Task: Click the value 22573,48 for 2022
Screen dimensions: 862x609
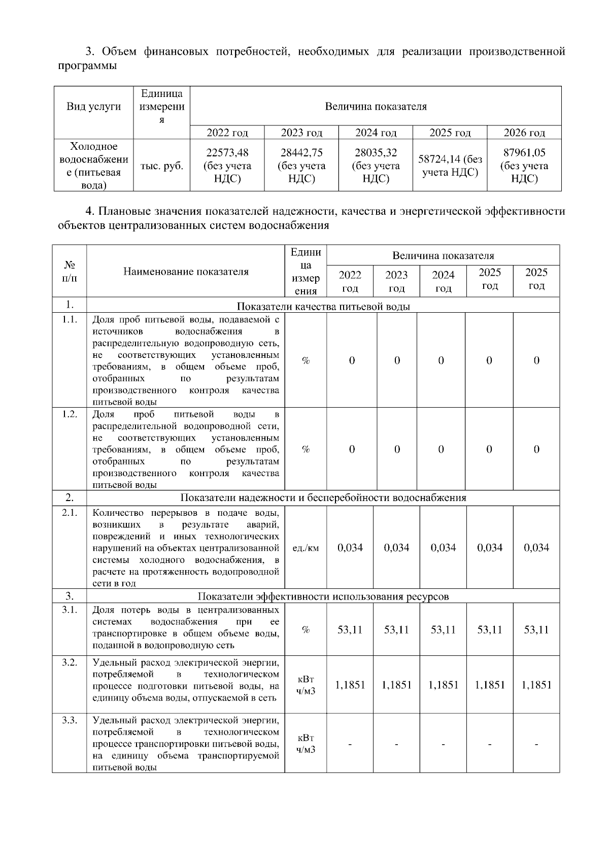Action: [x=227, y=165]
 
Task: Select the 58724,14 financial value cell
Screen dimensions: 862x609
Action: [x=450, y=165]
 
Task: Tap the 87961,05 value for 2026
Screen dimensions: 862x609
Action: [x=524, y=165]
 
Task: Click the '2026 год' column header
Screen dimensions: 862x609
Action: [x=524, y=133]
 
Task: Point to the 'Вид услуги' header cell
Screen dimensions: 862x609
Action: [x=94, y=107]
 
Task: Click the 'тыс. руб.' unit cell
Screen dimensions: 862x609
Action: [x=161, y=166]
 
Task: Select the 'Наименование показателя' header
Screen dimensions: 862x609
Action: [x=186, y=272]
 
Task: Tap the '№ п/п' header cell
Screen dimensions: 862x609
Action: [x=70, y=272]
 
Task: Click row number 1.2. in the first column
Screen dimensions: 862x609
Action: [x=70, y=414]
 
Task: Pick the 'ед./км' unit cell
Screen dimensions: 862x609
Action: [x=306, y=548]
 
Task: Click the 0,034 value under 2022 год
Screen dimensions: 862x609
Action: [x=350, y=548]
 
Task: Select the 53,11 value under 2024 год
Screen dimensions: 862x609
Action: [x=443, y=630]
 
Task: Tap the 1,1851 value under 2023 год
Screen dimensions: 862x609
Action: [x=396, y=685]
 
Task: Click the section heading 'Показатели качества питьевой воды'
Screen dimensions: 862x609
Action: [x=323, y=307]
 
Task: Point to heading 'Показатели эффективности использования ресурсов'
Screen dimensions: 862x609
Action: [x=323, y=596]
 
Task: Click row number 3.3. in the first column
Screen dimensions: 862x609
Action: [x=70, y=720]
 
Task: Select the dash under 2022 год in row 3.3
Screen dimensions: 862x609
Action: [x=350, y=745]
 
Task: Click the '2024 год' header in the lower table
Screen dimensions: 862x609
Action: [x=443, y=281]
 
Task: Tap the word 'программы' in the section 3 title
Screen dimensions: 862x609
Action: [x=87, y=66]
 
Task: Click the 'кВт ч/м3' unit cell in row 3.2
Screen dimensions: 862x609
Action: [x=306, y=685]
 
